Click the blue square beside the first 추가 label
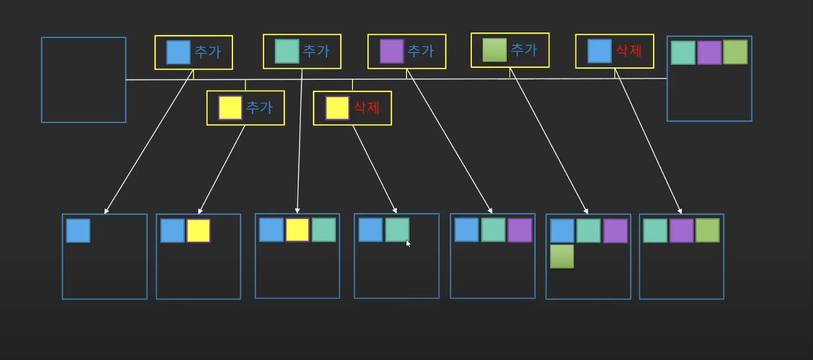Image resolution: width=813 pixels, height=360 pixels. click(178, 52)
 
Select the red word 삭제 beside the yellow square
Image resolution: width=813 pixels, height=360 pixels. click(366, 107)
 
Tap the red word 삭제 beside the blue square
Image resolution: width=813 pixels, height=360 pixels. click(629, 51)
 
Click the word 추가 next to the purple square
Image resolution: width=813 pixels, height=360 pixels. click(420, 51)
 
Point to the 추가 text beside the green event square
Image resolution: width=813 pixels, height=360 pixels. click(524, 50)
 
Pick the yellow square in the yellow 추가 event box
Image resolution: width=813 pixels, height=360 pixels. click(230, 108)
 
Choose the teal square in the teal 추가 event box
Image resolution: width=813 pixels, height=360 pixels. click(287, 51)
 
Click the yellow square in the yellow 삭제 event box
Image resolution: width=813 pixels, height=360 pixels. click(337, 108)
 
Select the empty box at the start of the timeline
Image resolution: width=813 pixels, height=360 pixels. click(83, 79)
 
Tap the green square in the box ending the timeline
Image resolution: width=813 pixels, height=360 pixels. click(735, 52)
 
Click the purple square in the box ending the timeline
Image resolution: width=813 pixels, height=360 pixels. click(709, 52)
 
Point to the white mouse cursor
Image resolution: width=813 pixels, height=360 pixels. click(408, 243)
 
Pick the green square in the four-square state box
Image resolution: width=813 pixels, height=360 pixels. click(562, 256)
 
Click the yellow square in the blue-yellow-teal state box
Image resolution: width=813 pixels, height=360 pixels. click(297, 230)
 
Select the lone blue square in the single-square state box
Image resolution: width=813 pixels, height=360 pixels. click(78, 230)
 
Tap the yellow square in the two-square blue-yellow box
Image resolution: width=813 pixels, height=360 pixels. click(198, 230)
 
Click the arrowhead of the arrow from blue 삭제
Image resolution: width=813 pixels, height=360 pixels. click(680, 211)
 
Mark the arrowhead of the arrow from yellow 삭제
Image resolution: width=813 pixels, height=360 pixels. click(395, 211)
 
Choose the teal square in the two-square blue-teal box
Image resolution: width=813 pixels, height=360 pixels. click(397, 230)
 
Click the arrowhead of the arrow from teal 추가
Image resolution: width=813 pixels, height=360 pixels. click(297, 211)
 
